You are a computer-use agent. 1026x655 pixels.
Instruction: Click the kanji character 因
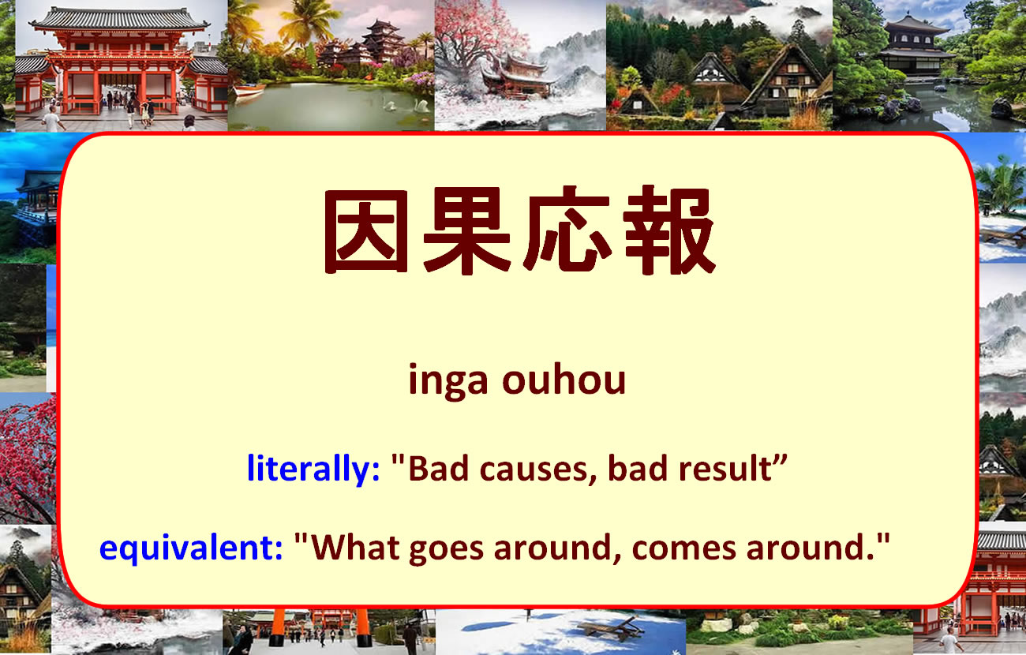pyautogui.click(x=366, y=231)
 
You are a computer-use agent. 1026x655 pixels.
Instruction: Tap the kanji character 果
pyautogui.click(x=466, y=230)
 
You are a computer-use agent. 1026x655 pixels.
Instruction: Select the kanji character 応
pyautogui.click(x=567, y=231)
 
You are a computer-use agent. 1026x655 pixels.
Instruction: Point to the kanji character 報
pyautogui.click(x=669, y=230)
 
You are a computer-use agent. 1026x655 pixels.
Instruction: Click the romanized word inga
pyautogui.click(x=448, y=381)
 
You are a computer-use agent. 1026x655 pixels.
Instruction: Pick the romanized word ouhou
pyautogui.click(x=564, y=378)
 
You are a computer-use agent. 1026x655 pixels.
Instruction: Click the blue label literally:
pyautogui.click(x=313, y=469)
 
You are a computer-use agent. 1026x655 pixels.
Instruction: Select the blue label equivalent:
pyautogui.click(x=190, y=548)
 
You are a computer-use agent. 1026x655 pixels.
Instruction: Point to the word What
pyautogui.click(x=355, y=547)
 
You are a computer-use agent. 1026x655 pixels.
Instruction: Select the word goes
pyautogui.click(x=446, y=551)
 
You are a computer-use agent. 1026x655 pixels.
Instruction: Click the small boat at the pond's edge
pyautogui.click(x=249, y=90)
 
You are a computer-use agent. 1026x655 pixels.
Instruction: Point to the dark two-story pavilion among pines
pyautogui.click(x=915, y=45)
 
